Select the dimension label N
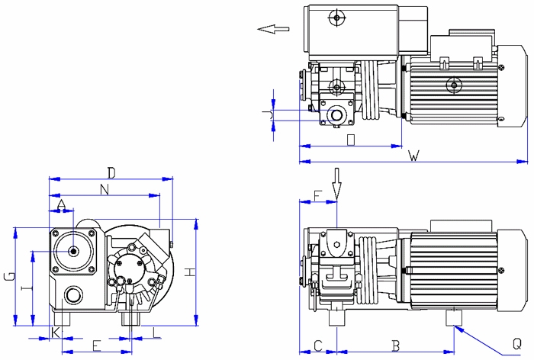click(105, 188)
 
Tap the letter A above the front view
click(62, 202)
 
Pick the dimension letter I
click(27, 288)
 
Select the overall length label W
click(413, 156)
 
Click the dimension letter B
click(395, 345)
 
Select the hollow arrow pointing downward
click(335, 183)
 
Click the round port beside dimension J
click(333, 115)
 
